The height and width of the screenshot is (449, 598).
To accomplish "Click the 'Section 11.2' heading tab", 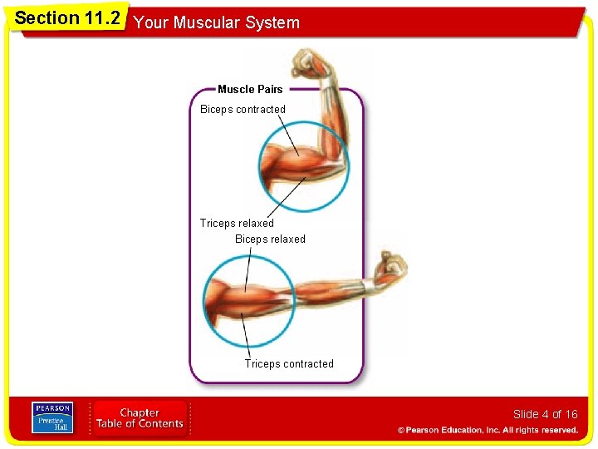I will click(67, 18).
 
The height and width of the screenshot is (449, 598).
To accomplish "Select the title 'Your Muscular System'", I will click(216, 23).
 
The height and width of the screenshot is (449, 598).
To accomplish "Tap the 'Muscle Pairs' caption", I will click(250, 89).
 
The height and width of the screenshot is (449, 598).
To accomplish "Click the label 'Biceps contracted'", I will click(243, 110).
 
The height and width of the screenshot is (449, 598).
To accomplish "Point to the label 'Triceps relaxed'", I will click(237, 223).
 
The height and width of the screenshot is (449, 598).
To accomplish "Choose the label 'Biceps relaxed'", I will click(270, 239).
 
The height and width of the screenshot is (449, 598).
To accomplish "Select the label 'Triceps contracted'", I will click(289, 363).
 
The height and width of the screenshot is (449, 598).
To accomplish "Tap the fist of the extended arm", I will click(391, 268).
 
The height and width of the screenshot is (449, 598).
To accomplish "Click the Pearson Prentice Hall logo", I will click(52, 417).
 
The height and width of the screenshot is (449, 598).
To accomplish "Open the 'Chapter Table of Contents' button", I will click(140, 418).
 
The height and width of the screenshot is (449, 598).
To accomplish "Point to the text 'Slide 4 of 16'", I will click(545, 414).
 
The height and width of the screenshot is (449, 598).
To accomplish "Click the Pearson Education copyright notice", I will click(488, 430).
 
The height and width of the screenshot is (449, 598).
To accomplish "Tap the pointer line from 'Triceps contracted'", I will click(245, 333).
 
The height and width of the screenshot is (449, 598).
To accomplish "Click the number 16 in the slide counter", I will click(571, 414).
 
